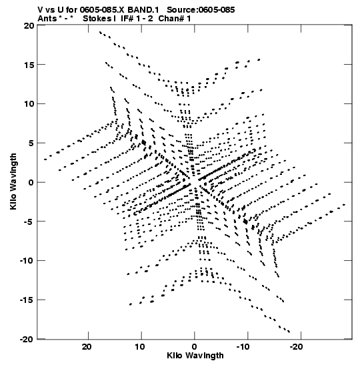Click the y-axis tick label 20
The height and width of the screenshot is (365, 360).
tap(29, 25)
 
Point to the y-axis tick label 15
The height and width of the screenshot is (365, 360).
tap(29, 65)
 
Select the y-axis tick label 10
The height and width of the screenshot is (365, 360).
tap(29, 104)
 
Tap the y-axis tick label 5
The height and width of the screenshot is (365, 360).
tap(31, 143)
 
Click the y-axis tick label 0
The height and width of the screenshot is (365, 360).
tap(31, 182)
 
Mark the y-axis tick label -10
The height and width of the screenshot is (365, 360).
tap(26, 260)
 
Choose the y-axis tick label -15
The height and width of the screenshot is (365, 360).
tap(26, 300)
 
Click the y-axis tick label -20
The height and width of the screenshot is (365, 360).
tap(26, 339)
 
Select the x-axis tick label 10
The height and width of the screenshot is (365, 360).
tap(141, 347)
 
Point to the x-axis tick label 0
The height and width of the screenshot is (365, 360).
tap(195, 347)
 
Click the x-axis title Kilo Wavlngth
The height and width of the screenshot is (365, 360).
tap(195, 356)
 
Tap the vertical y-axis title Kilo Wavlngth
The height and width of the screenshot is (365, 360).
tap(13, 181)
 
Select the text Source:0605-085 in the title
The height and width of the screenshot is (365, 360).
tap(201, 10)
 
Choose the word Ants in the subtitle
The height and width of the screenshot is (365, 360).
tap(47, 19)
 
